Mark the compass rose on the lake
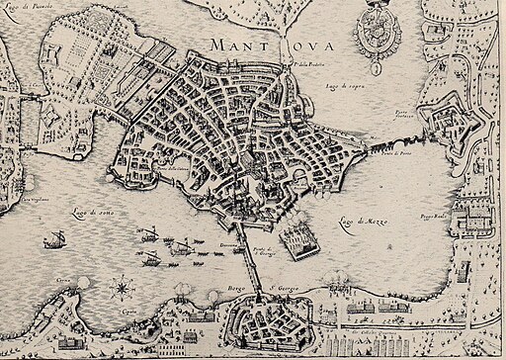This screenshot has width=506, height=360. pos(123,289)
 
